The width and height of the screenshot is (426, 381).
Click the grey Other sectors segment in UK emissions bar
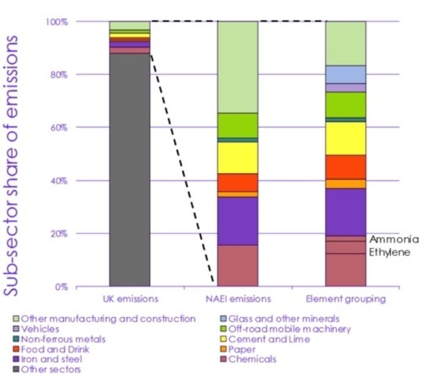pos(130,171)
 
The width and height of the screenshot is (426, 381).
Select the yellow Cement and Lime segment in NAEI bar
pos(237,158)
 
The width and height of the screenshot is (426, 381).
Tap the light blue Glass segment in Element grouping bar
pos(346,74)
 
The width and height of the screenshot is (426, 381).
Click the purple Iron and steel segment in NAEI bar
pos(237,221)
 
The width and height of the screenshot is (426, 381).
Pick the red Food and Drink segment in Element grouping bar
pos(346,167)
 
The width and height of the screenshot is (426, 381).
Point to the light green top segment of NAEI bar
pos(237,67)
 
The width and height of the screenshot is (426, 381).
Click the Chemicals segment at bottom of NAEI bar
pos(237,266)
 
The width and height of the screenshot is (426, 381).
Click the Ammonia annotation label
pos(394,239)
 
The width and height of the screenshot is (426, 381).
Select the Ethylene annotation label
pos(389,252)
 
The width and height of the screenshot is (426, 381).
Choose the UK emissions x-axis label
pos(130,299)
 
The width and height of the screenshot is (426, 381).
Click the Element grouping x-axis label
pos(346,299)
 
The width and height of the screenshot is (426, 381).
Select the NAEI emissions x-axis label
pos(237,299)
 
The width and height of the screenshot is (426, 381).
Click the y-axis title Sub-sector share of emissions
pos(17,159)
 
